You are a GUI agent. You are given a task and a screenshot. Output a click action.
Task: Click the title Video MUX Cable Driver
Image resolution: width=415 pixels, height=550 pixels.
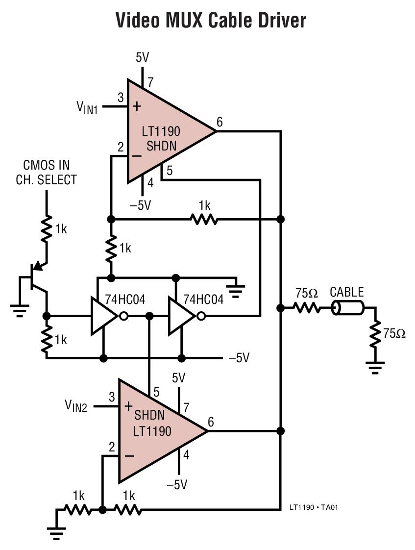211,21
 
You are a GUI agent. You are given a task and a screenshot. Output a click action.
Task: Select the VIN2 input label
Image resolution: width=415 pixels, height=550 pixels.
76,406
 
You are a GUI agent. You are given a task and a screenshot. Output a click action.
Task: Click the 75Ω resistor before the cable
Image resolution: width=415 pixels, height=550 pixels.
307,308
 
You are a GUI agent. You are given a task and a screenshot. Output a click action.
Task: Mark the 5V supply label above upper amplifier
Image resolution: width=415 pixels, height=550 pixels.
142,58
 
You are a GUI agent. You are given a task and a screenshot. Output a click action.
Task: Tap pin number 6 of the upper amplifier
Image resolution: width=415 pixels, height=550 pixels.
220,122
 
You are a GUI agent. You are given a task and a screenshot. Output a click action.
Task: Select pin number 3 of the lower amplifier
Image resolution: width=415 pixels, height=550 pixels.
112,397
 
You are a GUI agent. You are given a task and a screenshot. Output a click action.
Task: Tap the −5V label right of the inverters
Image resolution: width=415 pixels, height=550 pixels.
239,358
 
